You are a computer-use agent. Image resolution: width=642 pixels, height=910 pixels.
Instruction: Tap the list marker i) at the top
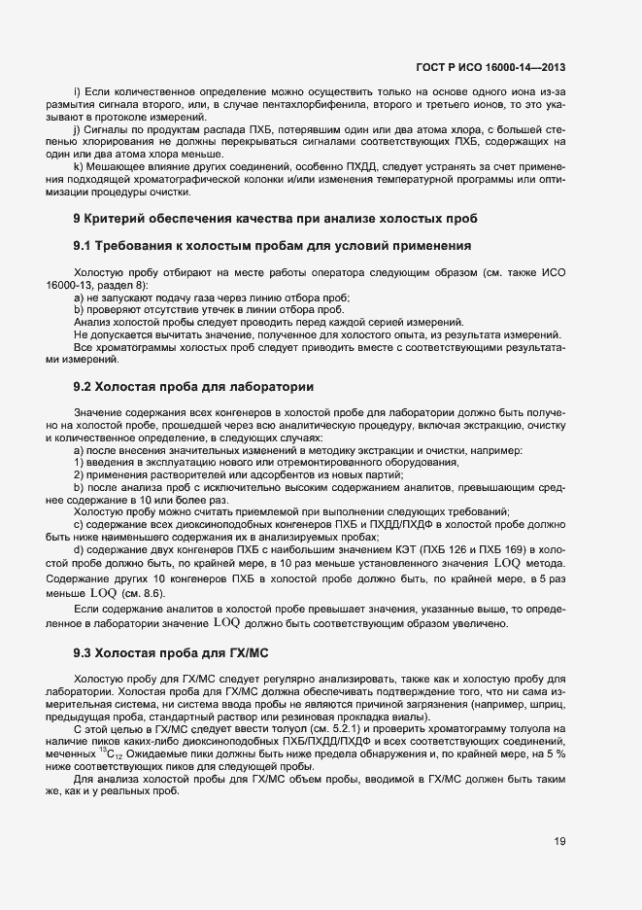[x=77, y=91]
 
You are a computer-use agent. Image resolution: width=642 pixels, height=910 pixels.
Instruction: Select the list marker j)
[x=77, y=129]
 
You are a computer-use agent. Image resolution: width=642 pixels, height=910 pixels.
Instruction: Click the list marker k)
[x=77, y=167]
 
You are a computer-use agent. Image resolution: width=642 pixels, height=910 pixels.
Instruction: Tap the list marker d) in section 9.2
[x=78, y=550]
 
